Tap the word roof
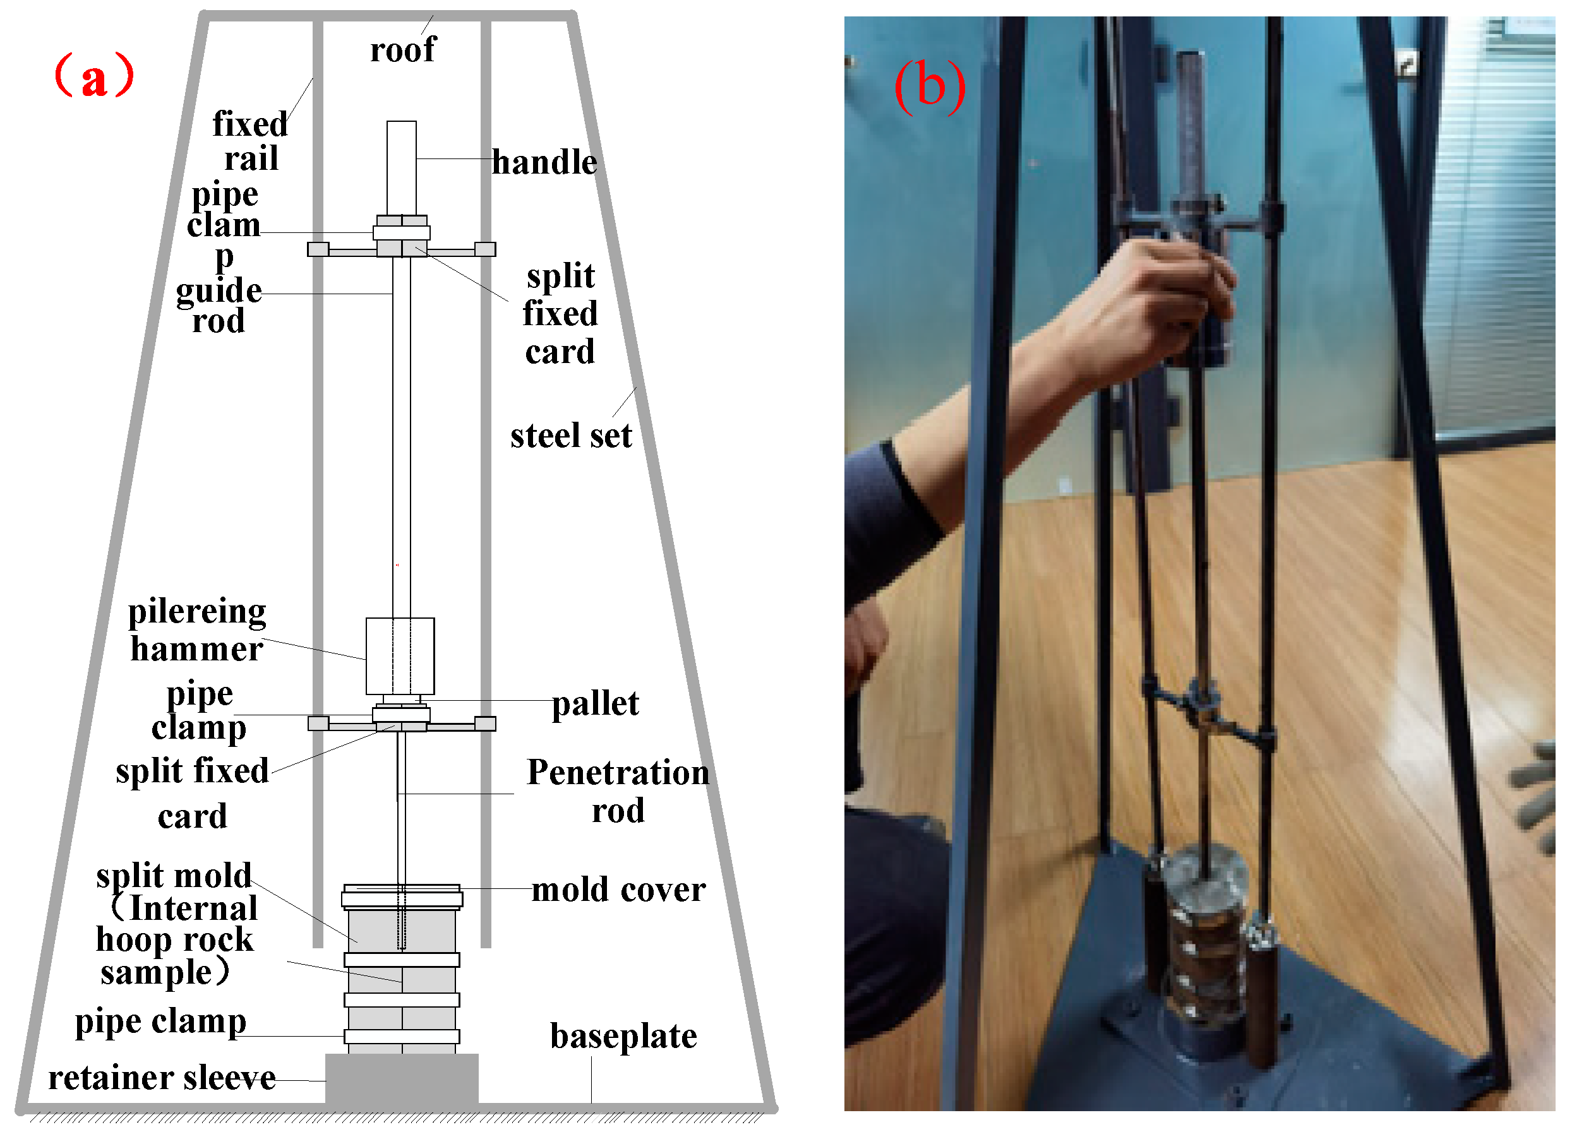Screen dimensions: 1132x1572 coord(403,50)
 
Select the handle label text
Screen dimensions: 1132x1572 coord(544,163)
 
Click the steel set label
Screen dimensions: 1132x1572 coord(571,436)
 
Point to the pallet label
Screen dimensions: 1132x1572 coord(596,705)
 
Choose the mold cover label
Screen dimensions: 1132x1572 coord(618,890)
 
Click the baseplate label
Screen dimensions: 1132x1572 coord(623,1037)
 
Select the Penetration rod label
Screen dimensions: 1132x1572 coord(618,791)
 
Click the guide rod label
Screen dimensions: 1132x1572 coord(219,306)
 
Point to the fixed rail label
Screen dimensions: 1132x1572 coord(249,141)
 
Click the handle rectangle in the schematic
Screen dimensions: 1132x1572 coord(401,168)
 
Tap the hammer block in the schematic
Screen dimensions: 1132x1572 coord(400,656)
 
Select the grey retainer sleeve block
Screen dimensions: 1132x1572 coord(401,1078)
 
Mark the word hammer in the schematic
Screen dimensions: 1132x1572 coord(197,650)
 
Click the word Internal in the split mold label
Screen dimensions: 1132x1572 coord(193,909)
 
